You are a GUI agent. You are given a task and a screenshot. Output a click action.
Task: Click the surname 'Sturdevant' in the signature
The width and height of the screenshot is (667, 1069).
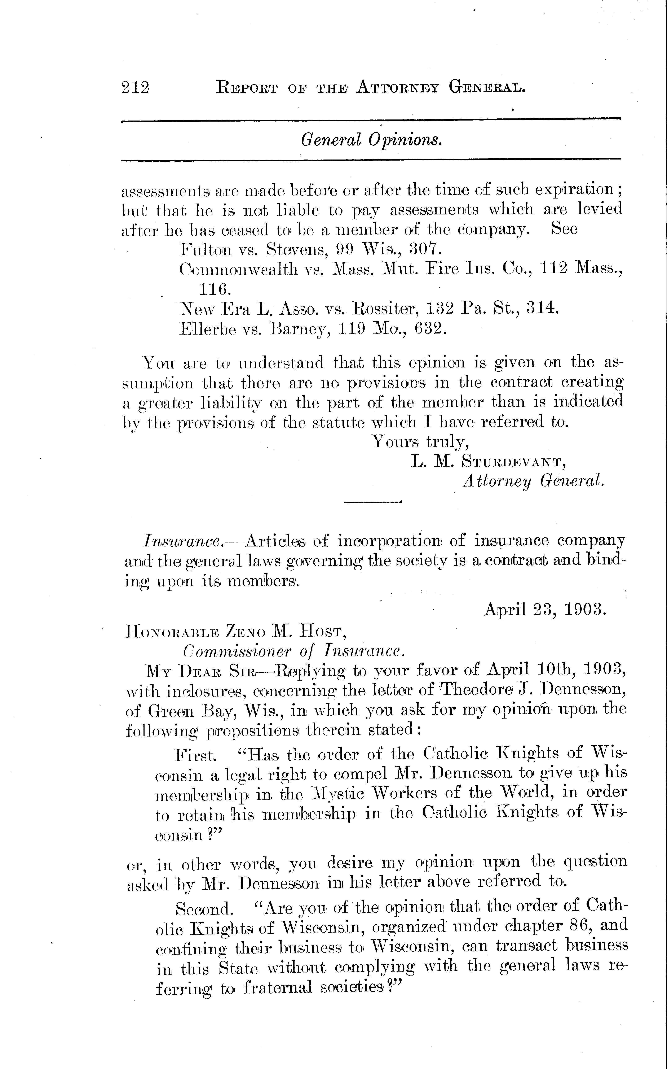[x=514, y=461]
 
